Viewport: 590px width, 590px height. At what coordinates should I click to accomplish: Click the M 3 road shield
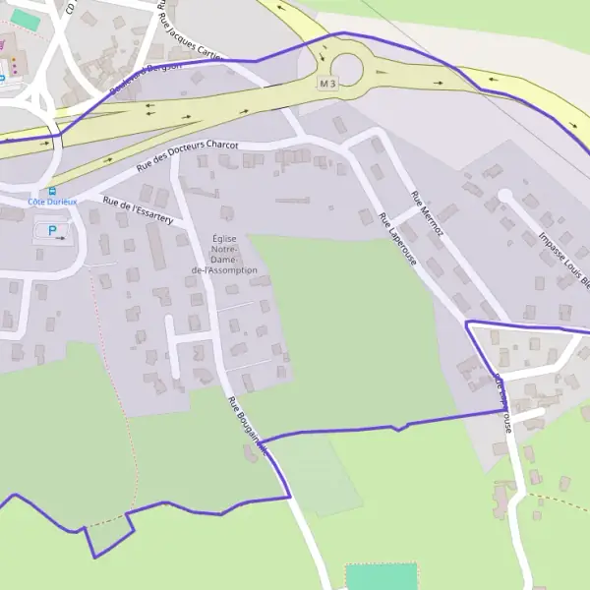point(327,85)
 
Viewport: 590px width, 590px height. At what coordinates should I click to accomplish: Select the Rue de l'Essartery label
point(138,209)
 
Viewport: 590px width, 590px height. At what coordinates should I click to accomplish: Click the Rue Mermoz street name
point(428,215)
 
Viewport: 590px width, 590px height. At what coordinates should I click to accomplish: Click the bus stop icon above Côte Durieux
point(51,191)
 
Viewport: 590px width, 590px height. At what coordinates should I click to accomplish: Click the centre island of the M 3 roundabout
point(347,69)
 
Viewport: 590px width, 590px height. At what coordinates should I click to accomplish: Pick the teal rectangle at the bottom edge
point(381,576)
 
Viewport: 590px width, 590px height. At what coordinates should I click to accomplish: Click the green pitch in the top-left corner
point(26,20)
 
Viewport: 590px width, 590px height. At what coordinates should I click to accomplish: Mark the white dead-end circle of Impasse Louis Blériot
point(504,196)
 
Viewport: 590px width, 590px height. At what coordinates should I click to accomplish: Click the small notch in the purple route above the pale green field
point(396,428)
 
